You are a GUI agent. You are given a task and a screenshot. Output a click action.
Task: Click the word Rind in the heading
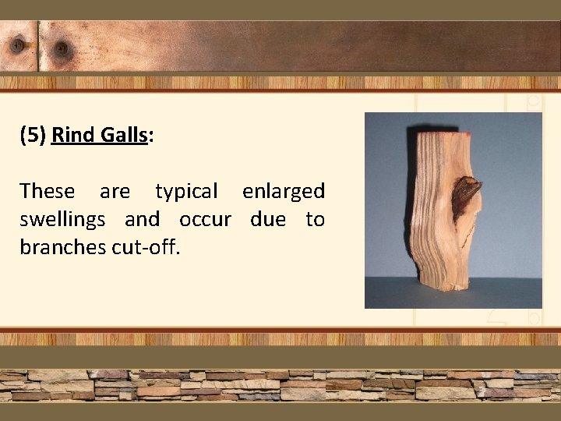(74, 135)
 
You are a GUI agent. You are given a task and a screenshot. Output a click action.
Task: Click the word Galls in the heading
(125, 135)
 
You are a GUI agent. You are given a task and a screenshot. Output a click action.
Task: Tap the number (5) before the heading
(33, 135)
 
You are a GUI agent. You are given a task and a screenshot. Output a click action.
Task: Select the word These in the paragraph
(48, 191)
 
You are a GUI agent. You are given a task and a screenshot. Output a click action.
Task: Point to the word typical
(186, 191)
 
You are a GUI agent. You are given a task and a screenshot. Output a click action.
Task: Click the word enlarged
(284, 191)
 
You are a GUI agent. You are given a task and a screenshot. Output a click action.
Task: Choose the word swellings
(62, 220)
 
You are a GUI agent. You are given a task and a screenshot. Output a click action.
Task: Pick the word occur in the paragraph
(205, 220)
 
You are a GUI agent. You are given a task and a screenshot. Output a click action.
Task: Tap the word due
(268, 220)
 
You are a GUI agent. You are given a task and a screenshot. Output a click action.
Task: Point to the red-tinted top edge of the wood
(439, 135)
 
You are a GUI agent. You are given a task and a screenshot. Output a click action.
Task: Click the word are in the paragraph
(115, 191)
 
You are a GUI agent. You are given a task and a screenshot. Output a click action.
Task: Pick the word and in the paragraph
(142, 220)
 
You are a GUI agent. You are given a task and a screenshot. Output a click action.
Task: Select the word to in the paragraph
(315, 220)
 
